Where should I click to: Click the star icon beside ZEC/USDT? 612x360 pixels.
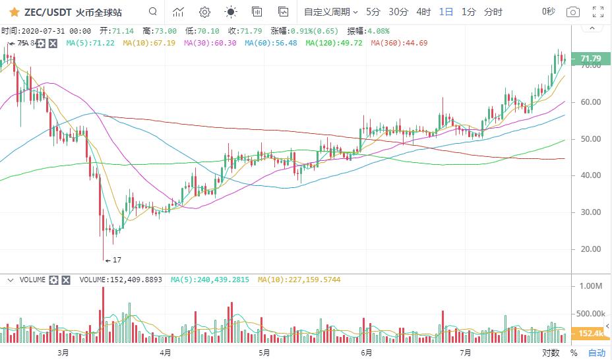click(x=14, y=12)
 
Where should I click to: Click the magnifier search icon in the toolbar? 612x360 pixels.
click(x=153, y=12)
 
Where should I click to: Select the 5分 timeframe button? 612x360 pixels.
click(x=373, y=12)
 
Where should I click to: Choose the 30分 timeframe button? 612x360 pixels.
click(x=398, y=12)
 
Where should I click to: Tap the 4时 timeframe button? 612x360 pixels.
click(x=423, y=12)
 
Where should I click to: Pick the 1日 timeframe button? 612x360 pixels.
click(x=446, y=12)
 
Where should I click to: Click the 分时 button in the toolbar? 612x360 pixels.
click(x=493, y=12)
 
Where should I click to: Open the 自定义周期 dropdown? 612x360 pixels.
click(x=330, y=12)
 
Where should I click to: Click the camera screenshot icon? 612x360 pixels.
click(x=573, y=12)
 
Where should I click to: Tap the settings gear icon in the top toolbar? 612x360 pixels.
click(x=204, y=12)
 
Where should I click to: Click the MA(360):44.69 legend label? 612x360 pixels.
click(x=399, y=43)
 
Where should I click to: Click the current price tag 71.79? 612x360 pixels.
click(x=589, y=59)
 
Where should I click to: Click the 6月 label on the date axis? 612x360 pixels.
click(x=366, y=353)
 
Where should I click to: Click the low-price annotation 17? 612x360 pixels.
click(x=117, y=260)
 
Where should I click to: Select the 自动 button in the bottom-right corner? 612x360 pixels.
click(x=596, y=353)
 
